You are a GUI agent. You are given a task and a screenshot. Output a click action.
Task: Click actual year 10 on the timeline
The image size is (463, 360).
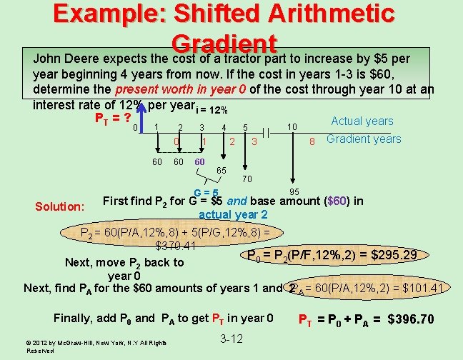point(293,127)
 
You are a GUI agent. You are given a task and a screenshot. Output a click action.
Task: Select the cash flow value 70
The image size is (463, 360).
point(247,178)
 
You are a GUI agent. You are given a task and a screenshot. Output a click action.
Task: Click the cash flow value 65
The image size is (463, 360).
point(221,171)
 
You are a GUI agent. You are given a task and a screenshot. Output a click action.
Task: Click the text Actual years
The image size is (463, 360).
point(362,121)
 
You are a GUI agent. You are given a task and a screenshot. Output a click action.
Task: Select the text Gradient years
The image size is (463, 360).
point(364,139)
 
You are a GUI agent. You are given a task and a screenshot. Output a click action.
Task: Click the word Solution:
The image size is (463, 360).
point(60,206)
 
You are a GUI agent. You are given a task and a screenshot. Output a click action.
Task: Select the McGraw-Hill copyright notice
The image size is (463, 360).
point(97,346)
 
